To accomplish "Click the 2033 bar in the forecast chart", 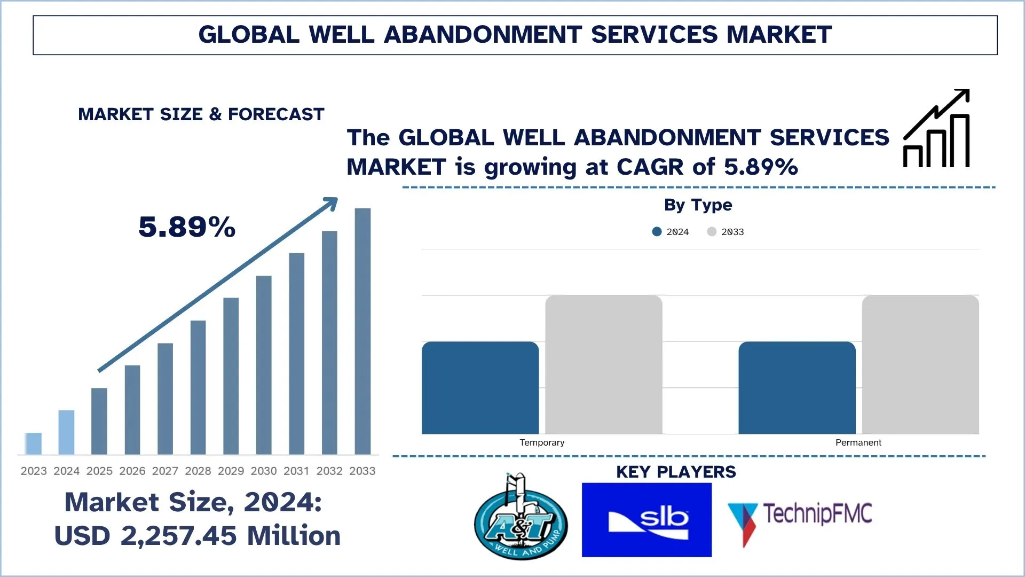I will (x=362, y=331).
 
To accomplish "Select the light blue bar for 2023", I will (x=33, y=443).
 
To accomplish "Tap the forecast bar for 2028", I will (x=198, y=387).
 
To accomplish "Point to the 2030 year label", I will (x=264, y=471).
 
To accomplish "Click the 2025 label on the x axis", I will (x=99, y=471).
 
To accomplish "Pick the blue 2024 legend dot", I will (x=657, y=231).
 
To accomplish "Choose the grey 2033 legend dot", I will (x=712, y=231).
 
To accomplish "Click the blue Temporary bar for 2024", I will (x=480, y=388).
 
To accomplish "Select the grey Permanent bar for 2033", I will (x=920, y=364).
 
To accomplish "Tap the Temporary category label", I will (x=542, y=442).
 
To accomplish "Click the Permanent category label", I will (x=858, y=442).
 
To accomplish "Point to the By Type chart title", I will (x=698, y=205).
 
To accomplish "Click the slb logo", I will (x=646, y=520).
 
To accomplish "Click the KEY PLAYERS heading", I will (x=676, y=472).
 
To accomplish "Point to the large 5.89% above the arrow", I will (x=187, y=227).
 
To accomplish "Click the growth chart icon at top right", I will (x=936, y=129).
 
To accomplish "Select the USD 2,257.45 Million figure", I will (x=198, y=536).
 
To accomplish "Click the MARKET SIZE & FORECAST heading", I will (x=201, y=114).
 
